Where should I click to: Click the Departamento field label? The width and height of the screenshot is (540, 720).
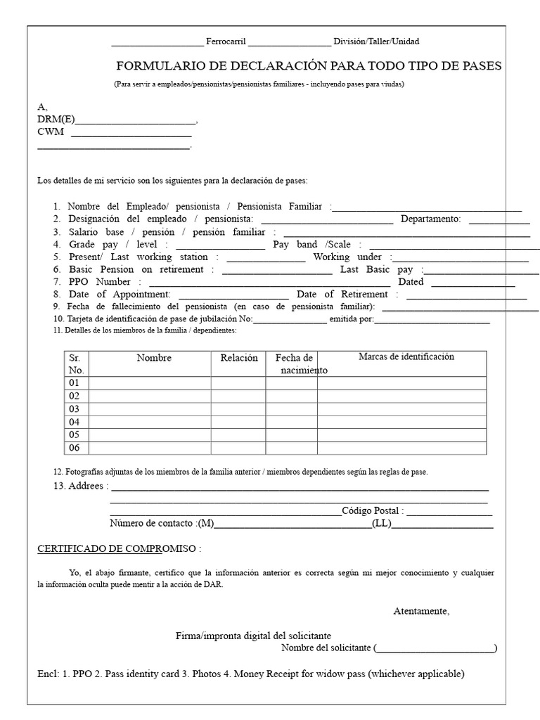pyautogui.click(x=430, y=219)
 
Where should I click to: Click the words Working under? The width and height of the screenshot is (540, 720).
pyautogui.click(x=347, y=257)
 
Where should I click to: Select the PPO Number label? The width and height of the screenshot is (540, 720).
pyautogui.click(x=100, y=282)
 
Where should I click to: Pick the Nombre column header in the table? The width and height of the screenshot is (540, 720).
pyautogui.click(x=154, y=358)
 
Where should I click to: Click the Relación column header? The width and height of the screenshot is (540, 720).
pyautogui.click(x=239, y=358)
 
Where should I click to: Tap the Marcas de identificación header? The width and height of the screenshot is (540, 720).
pyautogui.click(x=406, y=356)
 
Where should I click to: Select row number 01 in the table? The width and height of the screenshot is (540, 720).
pyautogui.click(x=75, y=383)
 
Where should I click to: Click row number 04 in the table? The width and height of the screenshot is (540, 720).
pyautogui.click(x=75, y=422)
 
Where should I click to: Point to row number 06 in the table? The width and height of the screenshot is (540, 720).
pyautogui.click(x=75, y=448)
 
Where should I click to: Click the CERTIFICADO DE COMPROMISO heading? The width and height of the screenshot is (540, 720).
pyautogui.click(x=117, y=548)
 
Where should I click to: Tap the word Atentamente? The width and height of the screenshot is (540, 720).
pyautogui.click(x=420, y=611)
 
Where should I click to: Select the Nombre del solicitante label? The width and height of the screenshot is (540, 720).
pyautogui.click(x=326, y=648)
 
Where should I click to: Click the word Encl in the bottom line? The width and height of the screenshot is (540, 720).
pyautogui.click(x=49, y=674)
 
